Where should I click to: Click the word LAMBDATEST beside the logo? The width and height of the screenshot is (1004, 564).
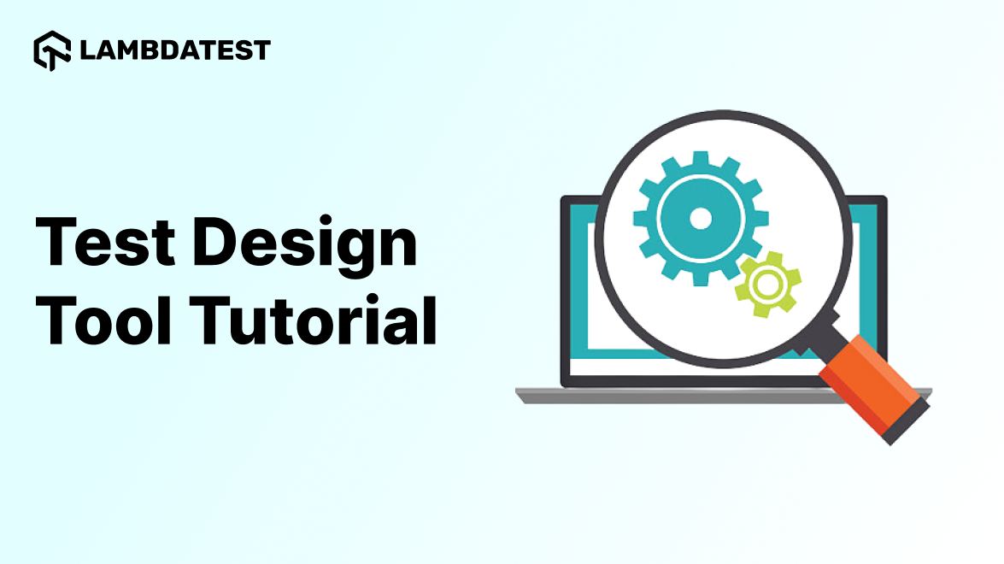tap(174, 50)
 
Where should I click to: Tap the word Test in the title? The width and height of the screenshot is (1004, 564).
tap(99, 241)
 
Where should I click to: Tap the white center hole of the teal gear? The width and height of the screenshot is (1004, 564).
tap(700, 219)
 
